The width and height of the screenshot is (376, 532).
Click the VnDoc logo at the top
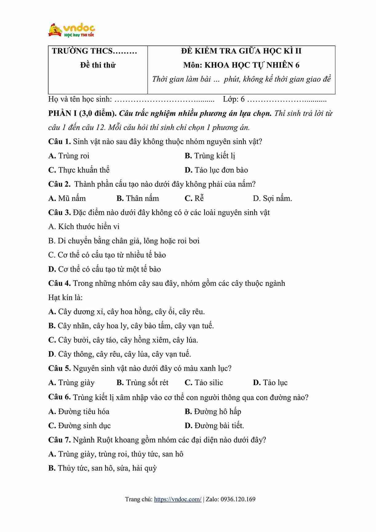coord(71,30)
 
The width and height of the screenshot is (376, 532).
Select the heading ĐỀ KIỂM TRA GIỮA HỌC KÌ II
coord(241,51)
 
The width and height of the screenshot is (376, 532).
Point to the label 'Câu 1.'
coord(59,142)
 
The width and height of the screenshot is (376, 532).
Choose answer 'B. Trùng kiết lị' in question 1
coord(210,156)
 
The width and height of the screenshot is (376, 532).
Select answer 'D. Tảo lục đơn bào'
coord(216,170)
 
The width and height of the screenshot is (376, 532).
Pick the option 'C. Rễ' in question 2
coord(194,198)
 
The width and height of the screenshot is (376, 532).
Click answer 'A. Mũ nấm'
coord(67,198)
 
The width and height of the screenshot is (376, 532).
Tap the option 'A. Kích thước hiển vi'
coord(84,227)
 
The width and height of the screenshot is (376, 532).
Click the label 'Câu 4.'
coord(59,283)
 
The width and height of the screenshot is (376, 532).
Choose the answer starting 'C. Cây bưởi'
coord(123,340)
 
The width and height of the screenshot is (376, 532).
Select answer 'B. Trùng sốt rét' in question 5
coord(142,383)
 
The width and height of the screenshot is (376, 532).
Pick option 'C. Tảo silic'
coord(204,383)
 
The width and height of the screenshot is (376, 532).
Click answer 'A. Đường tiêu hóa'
coord(79,412)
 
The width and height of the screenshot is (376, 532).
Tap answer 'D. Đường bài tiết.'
coord(214,426)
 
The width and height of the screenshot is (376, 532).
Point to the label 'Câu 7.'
coord(59,440)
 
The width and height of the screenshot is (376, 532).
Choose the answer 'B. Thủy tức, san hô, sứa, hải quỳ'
coord(102,468)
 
